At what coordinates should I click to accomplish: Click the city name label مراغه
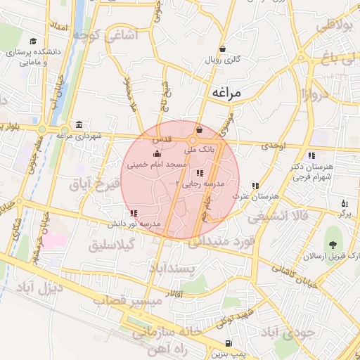pyautogui.click(x=225, y=92)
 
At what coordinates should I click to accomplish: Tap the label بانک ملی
pyautogui.click(x=198, y=149)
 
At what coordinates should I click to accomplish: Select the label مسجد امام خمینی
pyautogui.click(x=156, y=164)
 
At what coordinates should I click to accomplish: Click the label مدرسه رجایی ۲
pyautogui.click(x=202, y=184)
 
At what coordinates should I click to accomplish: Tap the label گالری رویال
pyautogui.click(x=223, y=60)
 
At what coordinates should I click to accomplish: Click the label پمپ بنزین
pyautogui.click(x=230, y=353)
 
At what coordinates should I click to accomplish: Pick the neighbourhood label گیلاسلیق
pyautogui.click(x=112, y=247)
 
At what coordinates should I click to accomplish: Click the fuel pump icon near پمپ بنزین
pyautogui.click(x=229, y=343)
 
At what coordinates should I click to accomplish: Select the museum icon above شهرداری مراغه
pyautogui.click(x=78, y=124)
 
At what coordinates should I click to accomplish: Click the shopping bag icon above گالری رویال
pyautogui.click(x=223, y=49)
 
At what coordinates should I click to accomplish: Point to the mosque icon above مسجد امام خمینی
pyautogui.click(x=156, y=154)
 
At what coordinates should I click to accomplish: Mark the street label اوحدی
pyautogui.click(x=274, y=146)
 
